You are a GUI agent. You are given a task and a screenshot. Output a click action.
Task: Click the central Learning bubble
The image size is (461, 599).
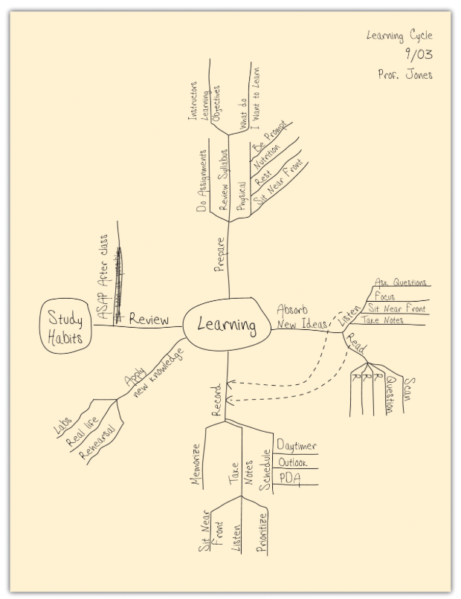coord(226,326)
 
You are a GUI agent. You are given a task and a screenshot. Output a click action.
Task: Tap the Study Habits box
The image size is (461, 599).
coord(65,328)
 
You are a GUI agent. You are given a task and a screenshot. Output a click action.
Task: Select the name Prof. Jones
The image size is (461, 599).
coord(404,74)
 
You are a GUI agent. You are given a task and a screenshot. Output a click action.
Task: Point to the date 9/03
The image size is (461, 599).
coord(419,54)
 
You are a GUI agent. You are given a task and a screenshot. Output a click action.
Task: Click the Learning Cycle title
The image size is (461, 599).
coord(399,36)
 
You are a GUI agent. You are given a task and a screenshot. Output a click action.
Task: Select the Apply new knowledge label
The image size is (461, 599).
coord(152,377)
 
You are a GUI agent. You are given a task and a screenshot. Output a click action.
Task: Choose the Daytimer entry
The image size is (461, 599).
coord(296,445)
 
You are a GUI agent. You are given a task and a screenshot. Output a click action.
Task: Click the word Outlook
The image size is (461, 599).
coord(293,462)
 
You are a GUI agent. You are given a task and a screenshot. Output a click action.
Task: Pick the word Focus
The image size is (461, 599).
coord(385,296)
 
